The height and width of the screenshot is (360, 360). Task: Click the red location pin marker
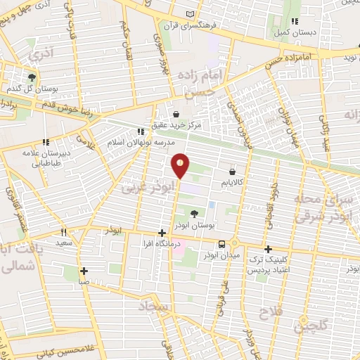click(x=181, y=165)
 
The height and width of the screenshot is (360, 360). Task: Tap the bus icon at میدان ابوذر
click(x=222, y=244)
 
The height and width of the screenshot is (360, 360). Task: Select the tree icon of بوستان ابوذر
click(x=193, y=213)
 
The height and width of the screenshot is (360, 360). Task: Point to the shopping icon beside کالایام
click(x=232, y=171)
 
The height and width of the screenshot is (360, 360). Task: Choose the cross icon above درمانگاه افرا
click(x=162, y=233)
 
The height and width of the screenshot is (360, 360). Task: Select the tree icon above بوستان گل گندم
click(x=32, y=77)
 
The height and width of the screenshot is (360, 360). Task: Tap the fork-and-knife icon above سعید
click(x=63, y=232)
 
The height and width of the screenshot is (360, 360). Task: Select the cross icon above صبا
click(x=84, y=271)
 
